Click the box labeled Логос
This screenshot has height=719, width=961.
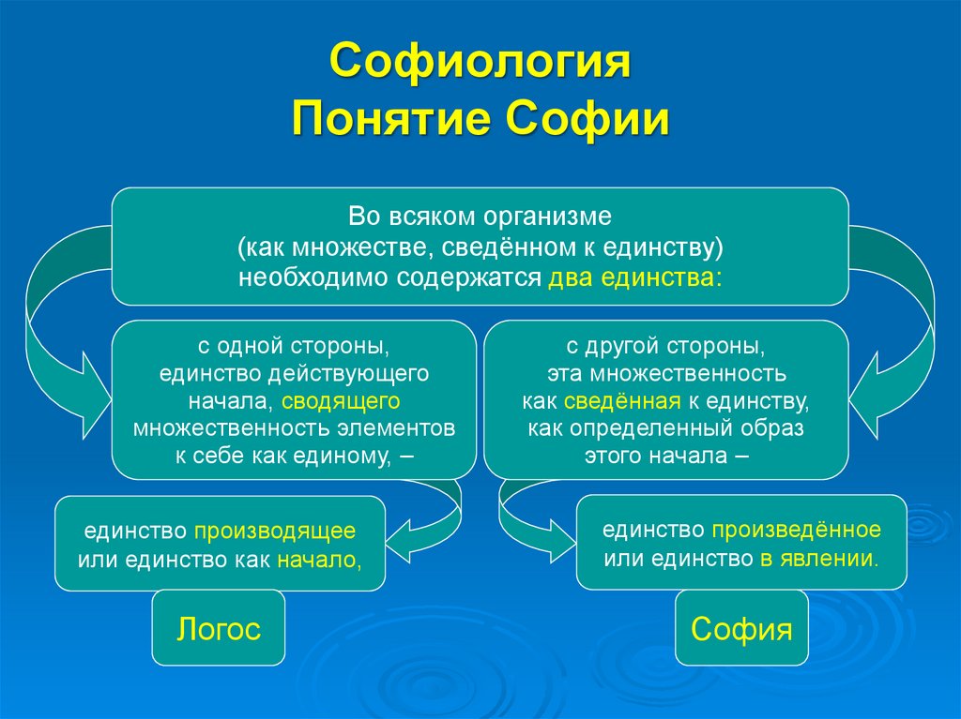point(219,628)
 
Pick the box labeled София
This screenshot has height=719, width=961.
point(741,628)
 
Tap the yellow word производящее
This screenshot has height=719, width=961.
point(275,531)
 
